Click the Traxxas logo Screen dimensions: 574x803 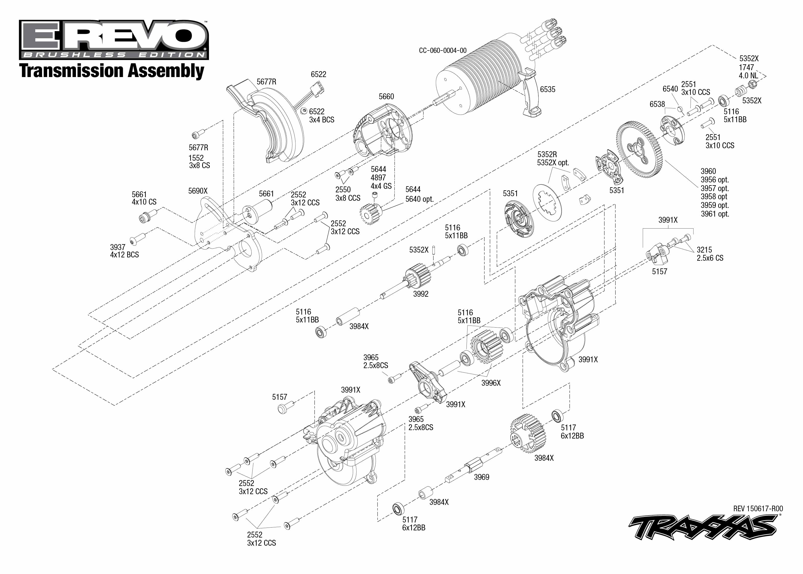click(703, 527)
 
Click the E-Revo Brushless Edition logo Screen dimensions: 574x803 click(114, 40)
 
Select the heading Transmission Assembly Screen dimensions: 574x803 click(112, 70)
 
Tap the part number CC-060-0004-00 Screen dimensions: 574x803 click(443, 51)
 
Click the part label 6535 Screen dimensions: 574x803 click(547, 90)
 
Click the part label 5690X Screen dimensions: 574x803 click(198, 191)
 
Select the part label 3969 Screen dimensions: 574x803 click(481, 477)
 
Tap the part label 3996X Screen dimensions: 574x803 click(491, 383)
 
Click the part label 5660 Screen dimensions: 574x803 click(386, 96)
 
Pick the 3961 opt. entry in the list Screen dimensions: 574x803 click(715, 214)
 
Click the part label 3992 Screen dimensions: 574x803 click(421, 294)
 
